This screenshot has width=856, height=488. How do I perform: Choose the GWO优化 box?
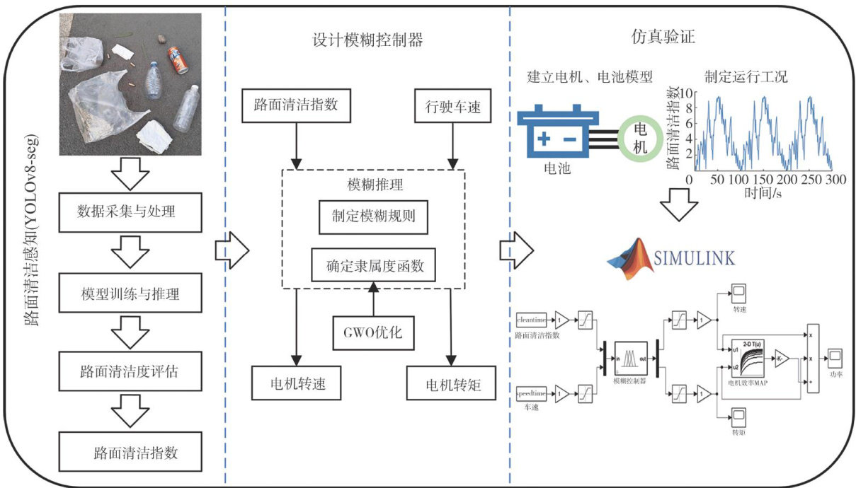(x=372, y=332)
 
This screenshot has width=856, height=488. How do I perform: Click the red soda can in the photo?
(x=177, y=60)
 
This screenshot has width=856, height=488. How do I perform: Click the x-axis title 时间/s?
(x=761, y=192)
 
